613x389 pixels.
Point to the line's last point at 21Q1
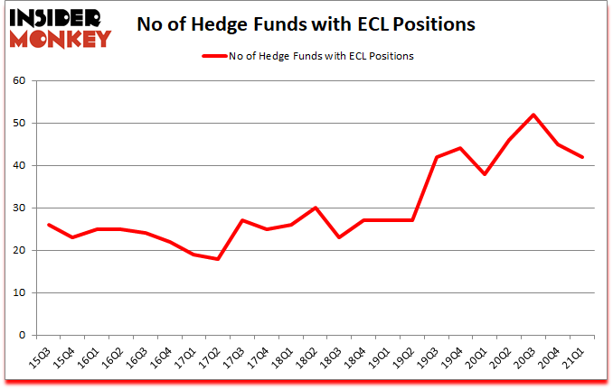click(582, 157)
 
